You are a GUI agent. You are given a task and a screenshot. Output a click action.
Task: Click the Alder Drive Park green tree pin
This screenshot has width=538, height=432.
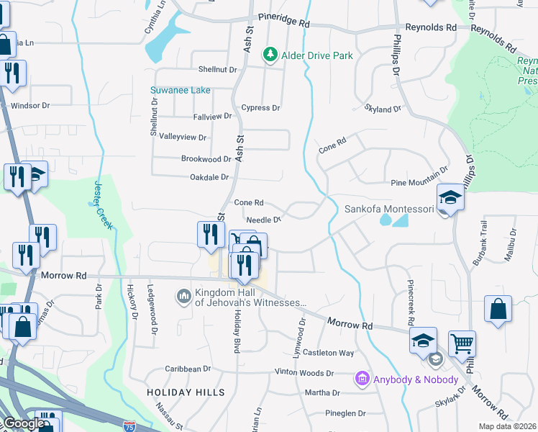[x=270, y=55]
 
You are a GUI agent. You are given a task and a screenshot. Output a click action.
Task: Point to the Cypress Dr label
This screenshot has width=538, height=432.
[x=260, y=108]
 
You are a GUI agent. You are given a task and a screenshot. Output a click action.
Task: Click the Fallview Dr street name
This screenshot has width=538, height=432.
[x=212, y=116]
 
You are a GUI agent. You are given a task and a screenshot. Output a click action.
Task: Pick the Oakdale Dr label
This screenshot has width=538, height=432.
[x=209, y=177]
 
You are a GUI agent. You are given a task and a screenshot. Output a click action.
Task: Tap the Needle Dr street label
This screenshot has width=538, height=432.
[x=263, y=220]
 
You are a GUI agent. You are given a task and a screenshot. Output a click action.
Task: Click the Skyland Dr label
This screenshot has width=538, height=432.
[x=383, y=109]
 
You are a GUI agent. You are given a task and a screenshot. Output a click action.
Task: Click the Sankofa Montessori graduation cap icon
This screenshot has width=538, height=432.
[x=450, y=198]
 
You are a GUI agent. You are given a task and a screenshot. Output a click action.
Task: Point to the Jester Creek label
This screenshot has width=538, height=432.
[x=103, y=204]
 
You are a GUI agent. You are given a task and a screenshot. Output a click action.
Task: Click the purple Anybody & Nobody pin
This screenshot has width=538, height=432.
[x=362, y=379]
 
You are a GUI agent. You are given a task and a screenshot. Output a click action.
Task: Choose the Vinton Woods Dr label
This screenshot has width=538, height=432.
[x=304, y=373]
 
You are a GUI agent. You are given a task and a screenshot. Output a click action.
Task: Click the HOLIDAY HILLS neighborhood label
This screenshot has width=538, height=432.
[x=186, y=392]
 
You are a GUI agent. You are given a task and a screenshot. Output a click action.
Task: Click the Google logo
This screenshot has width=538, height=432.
[x=23, y=423]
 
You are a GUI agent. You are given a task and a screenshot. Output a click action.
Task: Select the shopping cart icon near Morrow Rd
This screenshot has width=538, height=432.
[x=462, y=343]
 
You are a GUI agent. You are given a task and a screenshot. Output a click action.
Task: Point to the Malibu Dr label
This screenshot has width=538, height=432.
[x=512, y=242]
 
